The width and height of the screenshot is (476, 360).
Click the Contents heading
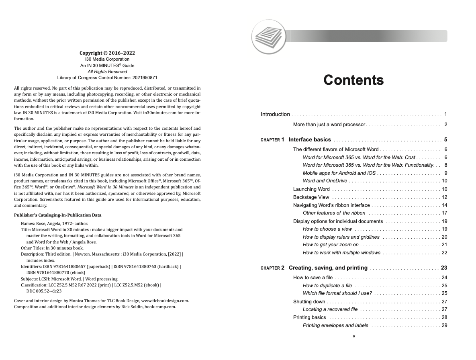click(x=353, y=80)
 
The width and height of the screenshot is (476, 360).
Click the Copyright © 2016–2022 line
click(x=107, y=53)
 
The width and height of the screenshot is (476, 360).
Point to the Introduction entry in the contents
click(x=275, y=115)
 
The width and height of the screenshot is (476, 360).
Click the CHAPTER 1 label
click(x=272, y=140)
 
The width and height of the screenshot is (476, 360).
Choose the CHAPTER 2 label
click(x=272, y=268)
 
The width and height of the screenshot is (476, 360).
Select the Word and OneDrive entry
click(x=325, y=181)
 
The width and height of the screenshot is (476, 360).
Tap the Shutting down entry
click(x=309, y=302)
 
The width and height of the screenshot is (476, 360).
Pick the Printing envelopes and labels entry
click(x=335, y=325)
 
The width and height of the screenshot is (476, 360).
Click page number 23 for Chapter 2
click(x=444, y=268)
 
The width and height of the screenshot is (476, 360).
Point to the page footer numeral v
click(x=354, y=336)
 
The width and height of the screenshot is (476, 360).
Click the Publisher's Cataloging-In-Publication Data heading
click(x=58, y=215)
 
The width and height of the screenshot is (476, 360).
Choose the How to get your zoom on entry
click(x=331, y=245)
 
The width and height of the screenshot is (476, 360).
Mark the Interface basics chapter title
click(x=310, y=140)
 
